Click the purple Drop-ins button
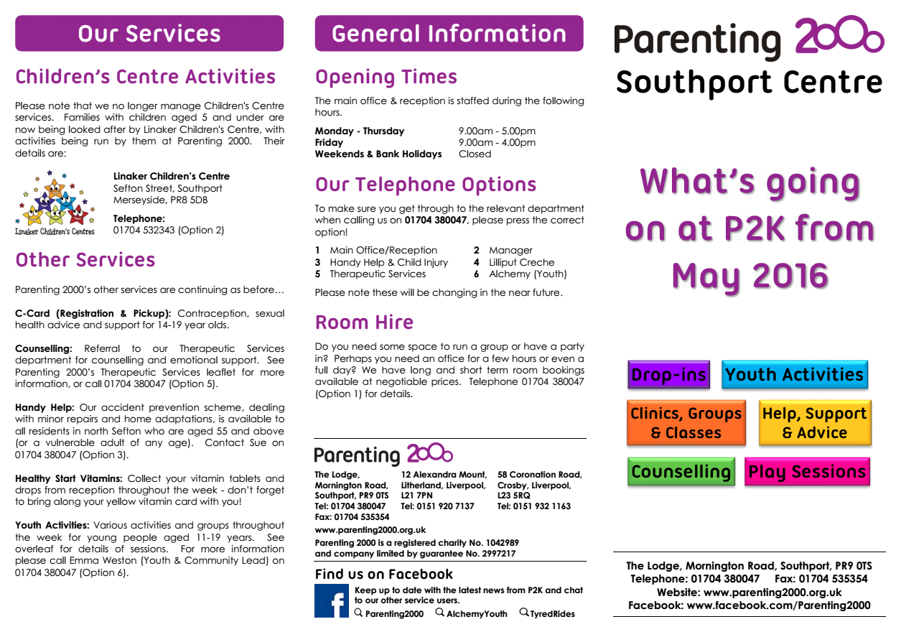point(668,375)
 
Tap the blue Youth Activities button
point(794,375)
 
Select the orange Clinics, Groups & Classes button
point(686,423)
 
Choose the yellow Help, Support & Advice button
point(814,423)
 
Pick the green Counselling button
point(681,472)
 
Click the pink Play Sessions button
point(807,472)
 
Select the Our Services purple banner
point(149,34)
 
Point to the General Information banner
point(449,34)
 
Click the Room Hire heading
point(364,322)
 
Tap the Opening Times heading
point(386,77)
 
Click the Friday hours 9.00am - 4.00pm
point(497,142)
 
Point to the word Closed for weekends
point(475,154)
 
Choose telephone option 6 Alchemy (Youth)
point(526,274)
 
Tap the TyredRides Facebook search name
point(552,614)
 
